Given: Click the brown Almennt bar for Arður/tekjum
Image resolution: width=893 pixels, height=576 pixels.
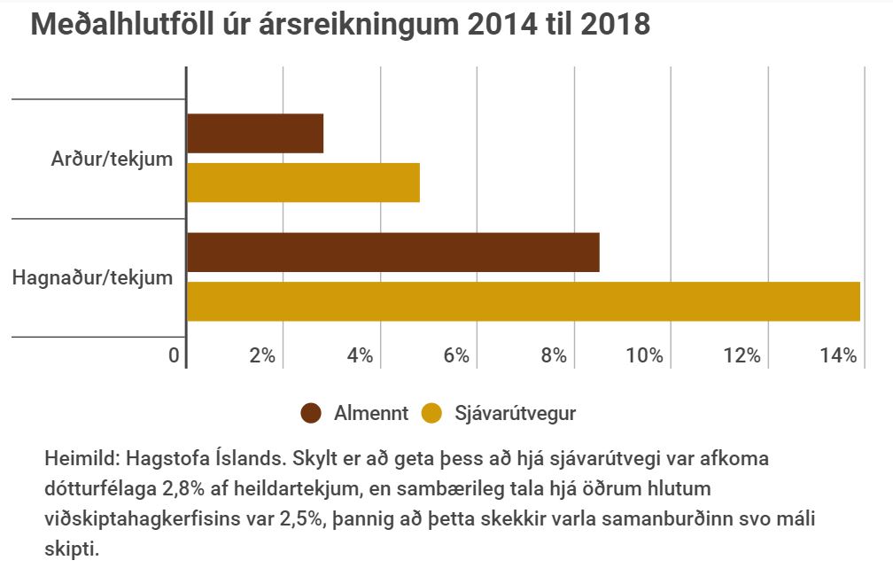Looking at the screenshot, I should coord(255,134).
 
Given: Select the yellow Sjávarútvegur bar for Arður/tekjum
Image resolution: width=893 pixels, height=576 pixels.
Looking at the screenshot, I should coord(303,183).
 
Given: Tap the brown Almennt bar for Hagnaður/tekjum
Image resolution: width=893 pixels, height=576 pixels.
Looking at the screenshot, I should coord(393,253).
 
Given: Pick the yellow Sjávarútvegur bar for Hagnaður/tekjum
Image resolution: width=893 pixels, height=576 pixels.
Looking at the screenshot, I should coord(523,301).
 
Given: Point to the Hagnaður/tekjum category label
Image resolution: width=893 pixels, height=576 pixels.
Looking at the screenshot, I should coord(92,277).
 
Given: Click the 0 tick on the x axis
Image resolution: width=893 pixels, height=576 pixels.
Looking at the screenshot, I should coord(175,356).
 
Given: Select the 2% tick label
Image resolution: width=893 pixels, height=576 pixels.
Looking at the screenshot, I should coord(262,356).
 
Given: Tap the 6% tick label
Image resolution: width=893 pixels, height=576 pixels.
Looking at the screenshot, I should coord(456,356).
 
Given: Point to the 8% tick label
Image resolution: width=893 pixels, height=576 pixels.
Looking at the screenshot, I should coord(554,356).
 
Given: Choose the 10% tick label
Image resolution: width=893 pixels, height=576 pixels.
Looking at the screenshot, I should coord(645,356).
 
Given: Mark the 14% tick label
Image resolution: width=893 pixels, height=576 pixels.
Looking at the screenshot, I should coord(839,356).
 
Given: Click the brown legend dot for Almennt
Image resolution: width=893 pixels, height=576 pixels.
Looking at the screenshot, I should coord(311,413).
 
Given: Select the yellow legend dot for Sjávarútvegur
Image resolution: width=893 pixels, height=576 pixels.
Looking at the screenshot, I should coord(431,413).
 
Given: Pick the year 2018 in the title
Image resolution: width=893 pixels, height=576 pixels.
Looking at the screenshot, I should coord(615,25).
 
